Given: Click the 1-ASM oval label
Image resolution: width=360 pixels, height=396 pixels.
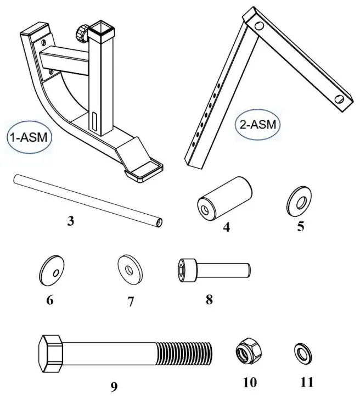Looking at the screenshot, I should click(x=29, y=138).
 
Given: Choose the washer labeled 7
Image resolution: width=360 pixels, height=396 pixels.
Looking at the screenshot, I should click(x=130, y=269).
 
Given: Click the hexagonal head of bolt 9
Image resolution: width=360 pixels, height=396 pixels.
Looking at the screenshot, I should click(x=53, y=351).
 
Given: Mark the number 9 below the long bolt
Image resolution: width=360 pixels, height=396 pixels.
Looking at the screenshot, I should click(x=114, y=386).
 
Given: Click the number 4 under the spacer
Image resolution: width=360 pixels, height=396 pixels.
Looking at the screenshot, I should click(x=226, y=226).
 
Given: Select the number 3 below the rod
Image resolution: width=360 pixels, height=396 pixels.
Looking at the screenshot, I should click(x=70, y=222).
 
